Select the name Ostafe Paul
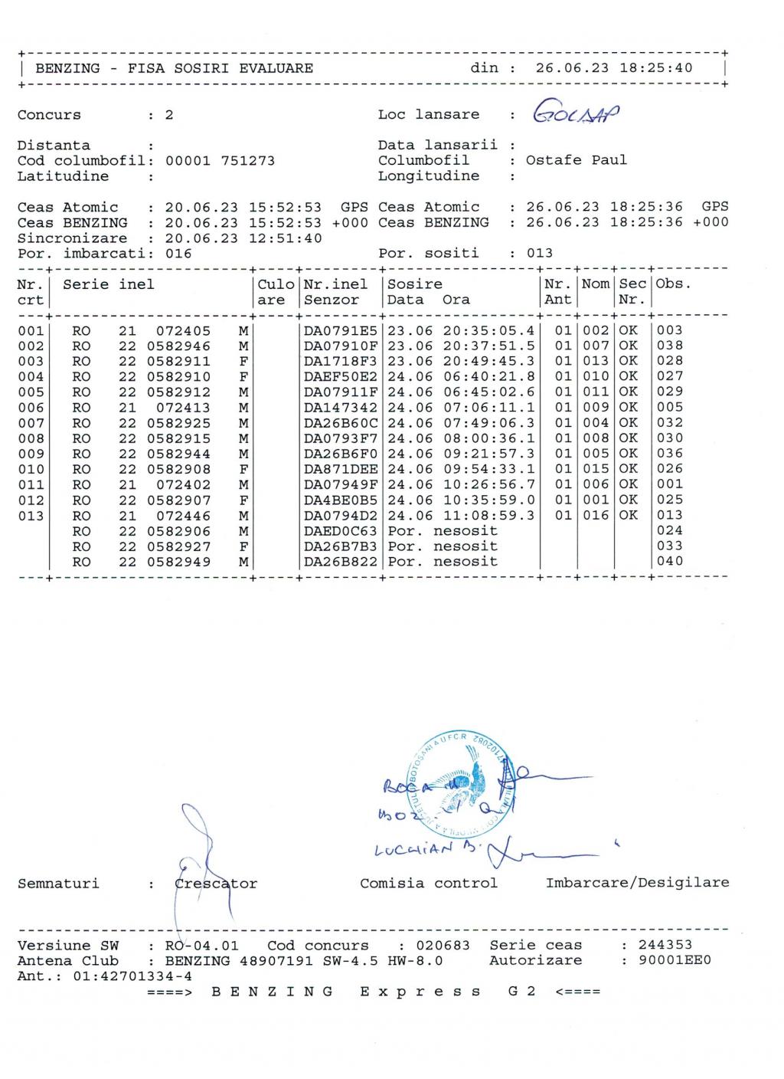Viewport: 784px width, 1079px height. coord(576,160)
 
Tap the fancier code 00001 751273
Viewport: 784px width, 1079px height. coord(220,161)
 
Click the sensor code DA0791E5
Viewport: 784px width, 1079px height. coord(341,330)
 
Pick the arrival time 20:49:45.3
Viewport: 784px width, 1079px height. coord(488,361)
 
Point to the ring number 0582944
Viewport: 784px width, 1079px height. coord(178,454)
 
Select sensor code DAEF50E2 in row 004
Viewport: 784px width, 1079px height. coord(341,376)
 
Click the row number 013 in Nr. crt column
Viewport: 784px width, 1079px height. coord(31,516)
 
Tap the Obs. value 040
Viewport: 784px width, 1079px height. coord(670,561)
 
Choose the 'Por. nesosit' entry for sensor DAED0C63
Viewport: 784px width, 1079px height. coord(443,531)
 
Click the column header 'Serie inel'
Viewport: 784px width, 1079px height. coord(109,284)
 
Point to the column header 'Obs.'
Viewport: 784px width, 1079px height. coord(674,284)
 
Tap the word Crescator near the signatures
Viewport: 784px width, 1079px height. coord(216,884)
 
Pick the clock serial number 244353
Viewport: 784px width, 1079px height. coord(665,946)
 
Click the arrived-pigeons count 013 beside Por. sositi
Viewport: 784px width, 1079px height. coord(540,254)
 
